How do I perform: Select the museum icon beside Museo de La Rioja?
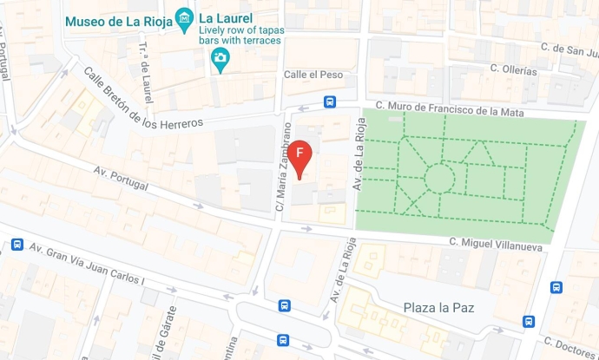pos(184,17)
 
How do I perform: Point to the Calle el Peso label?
pos(313,75)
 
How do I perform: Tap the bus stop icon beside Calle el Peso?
pos(330,102)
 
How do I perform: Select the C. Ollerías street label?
pos(513,69)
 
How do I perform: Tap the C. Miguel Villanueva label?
pos(495,245)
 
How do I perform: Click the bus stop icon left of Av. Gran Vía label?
pos(16,245)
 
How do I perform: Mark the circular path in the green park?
pos(439,179)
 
